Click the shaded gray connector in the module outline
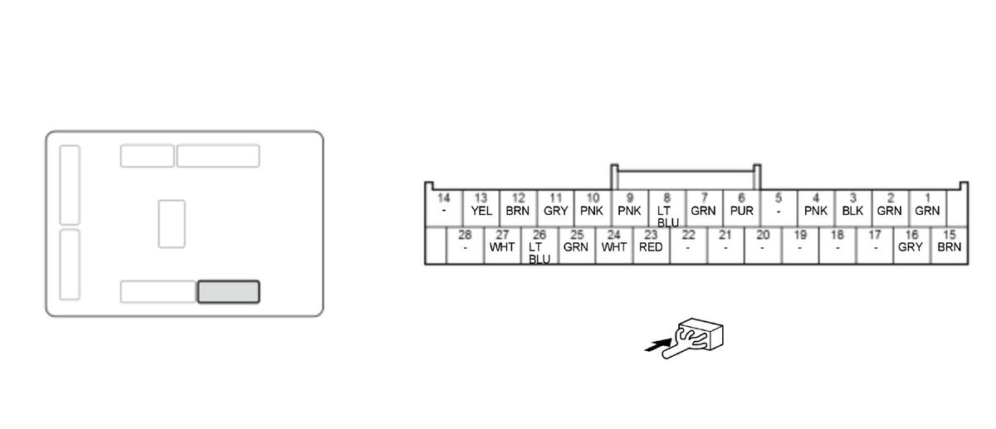228,292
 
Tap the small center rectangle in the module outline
172,223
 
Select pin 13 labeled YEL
481,206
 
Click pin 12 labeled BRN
518,206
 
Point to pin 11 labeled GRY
555,206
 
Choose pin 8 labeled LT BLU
666,209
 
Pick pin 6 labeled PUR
741,206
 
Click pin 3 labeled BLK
852,206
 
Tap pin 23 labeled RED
651,242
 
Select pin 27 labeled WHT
502,242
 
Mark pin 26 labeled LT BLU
539,246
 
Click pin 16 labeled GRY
911,242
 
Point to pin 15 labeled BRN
949,242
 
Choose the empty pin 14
444,206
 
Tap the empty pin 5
779,206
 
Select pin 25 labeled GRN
576,242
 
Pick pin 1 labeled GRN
927,206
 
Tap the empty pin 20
762,242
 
